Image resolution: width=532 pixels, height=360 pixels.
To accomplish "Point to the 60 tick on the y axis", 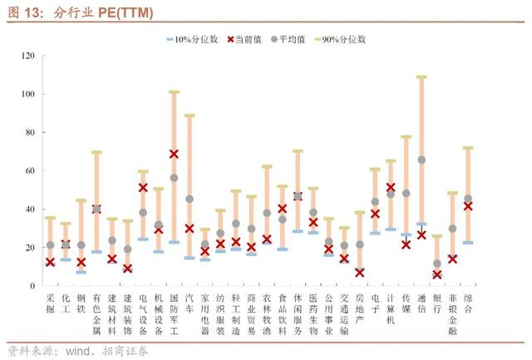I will [26, 171].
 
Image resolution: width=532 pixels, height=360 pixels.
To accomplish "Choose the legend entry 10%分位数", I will [192, 39].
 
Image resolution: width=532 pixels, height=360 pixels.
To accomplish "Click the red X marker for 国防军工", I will [174, 154].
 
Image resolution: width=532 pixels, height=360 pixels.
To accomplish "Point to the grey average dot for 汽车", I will [190, 199].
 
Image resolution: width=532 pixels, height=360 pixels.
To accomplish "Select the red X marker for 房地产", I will [360, 272].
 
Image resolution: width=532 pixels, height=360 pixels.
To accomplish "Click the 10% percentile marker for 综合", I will [468, 243].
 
